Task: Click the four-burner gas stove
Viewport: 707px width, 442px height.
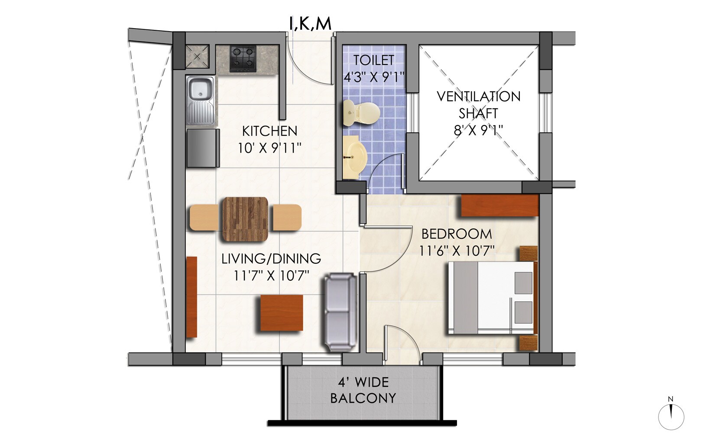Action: point(243,59)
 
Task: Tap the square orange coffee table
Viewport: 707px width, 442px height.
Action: point(281,313)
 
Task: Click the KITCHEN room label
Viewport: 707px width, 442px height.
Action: point(269,131)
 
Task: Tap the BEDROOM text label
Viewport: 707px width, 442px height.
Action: point(457,234)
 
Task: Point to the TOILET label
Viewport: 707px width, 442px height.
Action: point(373,60)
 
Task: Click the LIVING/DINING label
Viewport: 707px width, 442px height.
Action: point(271,259)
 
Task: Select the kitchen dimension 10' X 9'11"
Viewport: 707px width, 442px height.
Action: point(269,148)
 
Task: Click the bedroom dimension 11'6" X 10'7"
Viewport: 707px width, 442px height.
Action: point(457,251)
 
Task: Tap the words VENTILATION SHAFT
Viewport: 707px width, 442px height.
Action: point(478,105)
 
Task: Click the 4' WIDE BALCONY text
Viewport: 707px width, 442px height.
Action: point(363,390)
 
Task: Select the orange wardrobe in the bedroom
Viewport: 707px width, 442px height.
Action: point(499,205)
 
